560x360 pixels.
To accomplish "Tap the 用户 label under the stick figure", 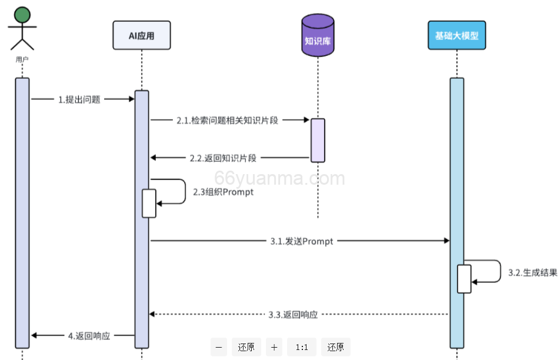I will click(x=22, y=59).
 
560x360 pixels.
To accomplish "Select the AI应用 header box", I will click(x=142, y=35).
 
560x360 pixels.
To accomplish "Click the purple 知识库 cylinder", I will click(x=318, y=36).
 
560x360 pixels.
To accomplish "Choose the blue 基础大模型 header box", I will click(x=456, y=35).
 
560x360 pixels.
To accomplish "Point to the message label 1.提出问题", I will click(x=79, y=99).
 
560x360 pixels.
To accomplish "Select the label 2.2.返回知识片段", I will click(x=223, y=158).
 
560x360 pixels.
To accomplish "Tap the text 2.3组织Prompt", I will click(x=224, y=192).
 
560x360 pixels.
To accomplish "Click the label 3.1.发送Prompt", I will click(x=302, y=241).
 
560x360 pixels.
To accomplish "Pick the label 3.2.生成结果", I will click(x=532, y=272).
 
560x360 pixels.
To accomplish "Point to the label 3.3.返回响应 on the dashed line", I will click(x=293, y=315).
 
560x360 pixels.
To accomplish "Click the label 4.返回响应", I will click(x=89, y=336).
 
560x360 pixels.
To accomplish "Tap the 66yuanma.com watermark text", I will click(x=280, y=178).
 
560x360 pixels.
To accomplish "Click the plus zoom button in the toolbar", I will click(x=274, y=347).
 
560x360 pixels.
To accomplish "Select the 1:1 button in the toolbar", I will click(x=302, y=347).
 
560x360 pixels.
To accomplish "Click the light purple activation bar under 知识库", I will click(x=318, y=140).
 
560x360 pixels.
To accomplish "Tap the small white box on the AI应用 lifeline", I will click(x=149, y=203).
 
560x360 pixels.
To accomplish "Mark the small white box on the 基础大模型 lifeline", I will click(x=464, y=279).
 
